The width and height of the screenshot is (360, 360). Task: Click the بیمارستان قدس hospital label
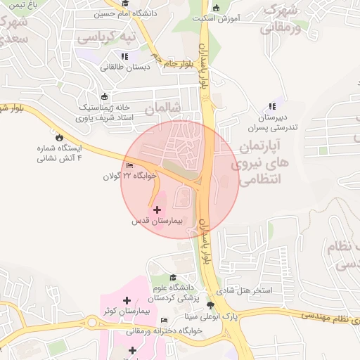pos(157,221)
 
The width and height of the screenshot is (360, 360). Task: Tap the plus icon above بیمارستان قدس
pos(156,210)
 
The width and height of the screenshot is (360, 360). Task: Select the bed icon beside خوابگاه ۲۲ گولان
pos(128,166)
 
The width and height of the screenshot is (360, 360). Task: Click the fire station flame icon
pos(59,138)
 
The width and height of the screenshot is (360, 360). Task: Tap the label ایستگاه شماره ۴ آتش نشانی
pos(59,153)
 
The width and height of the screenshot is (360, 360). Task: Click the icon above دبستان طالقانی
pos(124,56)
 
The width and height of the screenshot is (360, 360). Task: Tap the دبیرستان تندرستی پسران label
pos(272,123)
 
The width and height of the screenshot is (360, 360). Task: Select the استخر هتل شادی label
pos(265,290)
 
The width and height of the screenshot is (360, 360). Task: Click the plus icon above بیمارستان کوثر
pos(127,301)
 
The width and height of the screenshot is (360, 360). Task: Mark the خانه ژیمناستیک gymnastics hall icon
pos(105,96)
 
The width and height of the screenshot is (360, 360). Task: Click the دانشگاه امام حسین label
pos(138,13)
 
